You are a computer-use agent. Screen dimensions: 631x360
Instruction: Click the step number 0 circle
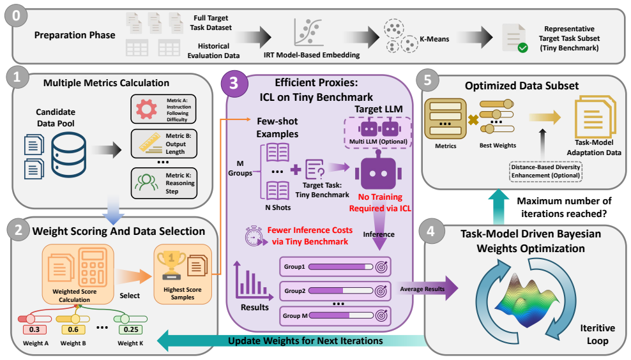(x=16, y=16)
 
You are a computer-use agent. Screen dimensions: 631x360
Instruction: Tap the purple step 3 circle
(x=234, y=83)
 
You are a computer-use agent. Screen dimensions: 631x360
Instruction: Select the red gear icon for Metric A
(x=146, y=109)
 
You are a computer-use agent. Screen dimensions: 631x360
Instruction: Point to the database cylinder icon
(x=68, y=155)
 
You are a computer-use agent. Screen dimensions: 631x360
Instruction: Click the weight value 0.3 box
(x=34, y=329)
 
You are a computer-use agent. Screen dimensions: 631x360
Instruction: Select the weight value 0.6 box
(x=73, y=329)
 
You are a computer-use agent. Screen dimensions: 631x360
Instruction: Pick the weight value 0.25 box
(x=131, y=329)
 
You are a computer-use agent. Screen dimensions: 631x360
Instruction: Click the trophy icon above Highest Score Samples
(x=171, y=266)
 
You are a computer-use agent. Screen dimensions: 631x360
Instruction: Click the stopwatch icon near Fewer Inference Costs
(x=255, y=236)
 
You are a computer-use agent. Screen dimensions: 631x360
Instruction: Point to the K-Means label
(x=434, y=39)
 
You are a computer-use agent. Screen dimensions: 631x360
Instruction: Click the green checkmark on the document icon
(x=523, y=48)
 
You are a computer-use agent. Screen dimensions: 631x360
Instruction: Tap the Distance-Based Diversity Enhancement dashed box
(x=545, y=171)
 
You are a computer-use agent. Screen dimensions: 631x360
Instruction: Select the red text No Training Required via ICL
(x=380, y=203)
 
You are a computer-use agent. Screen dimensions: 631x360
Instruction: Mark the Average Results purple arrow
(x=428, y=289)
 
